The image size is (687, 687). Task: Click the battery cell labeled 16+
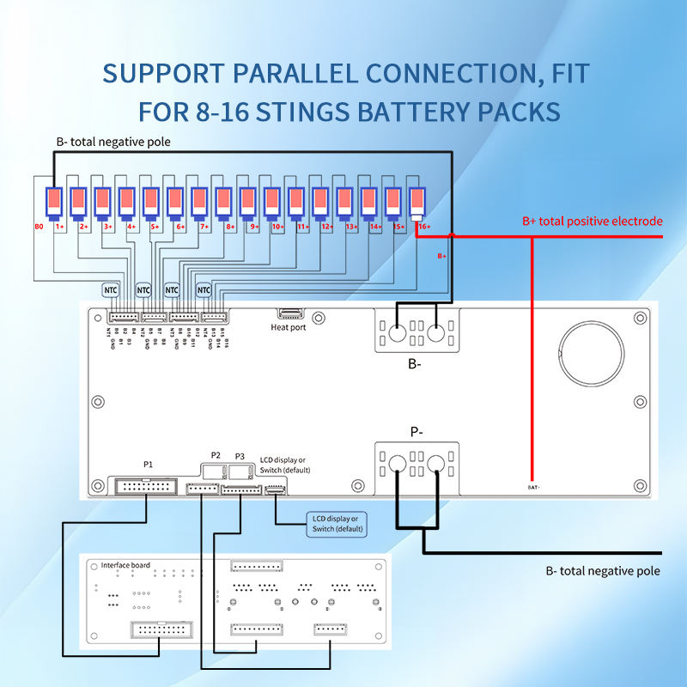[x=416, y=203]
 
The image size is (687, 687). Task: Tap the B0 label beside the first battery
[x=39, y=228]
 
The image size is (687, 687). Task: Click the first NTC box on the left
[x=112, y=290]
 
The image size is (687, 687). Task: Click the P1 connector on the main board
[x=146, y=486]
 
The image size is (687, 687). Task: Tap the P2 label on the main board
[x=216, y=455]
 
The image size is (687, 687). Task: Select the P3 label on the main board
[x=240, y=455]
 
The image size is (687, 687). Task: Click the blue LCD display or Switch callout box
[x=336, y=523]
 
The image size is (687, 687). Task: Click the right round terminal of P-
[x=437, y=465]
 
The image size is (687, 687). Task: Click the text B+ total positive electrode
[x=593, y=222]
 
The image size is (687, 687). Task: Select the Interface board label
[x=125, y=565]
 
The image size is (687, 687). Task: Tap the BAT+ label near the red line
[x=534, y=487]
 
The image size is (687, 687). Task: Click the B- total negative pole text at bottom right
[x=603, y=570]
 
